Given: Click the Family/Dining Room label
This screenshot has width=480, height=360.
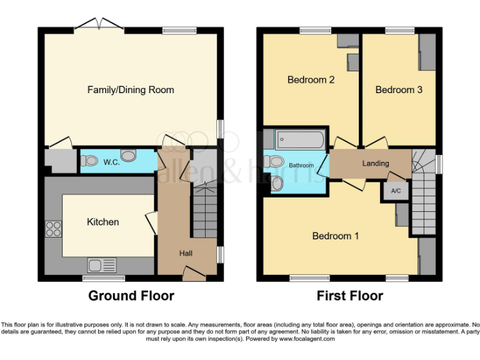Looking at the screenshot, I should [x=130, y=90].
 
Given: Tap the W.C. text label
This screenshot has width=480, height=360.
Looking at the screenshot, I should [x=111, y=162].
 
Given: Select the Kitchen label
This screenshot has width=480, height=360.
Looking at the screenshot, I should [x=102, y=222].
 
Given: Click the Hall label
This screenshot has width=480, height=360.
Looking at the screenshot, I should [x=186, y=254].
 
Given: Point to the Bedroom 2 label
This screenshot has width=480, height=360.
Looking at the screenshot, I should [x=311, y=80].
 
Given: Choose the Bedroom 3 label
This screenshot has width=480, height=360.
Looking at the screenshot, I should [x=399, y=90].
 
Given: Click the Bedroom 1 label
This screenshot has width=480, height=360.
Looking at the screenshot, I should [x=336, y=236].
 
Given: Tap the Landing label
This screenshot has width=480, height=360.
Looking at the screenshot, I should [x=376, y=164].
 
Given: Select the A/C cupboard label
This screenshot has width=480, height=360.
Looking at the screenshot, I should [x=395, y=191].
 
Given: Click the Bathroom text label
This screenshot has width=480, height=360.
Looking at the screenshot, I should [x=301, y=166].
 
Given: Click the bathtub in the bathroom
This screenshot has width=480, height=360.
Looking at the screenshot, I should [x=300, y=138].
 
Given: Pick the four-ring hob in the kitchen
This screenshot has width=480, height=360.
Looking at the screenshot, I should [x=53, y=229].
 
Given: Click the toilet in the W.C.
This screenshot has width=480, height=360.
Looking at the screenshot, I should [x=90, y=161].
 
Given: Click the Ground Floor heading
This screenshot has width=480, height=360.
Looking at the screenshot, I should [x=131, y=296].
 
